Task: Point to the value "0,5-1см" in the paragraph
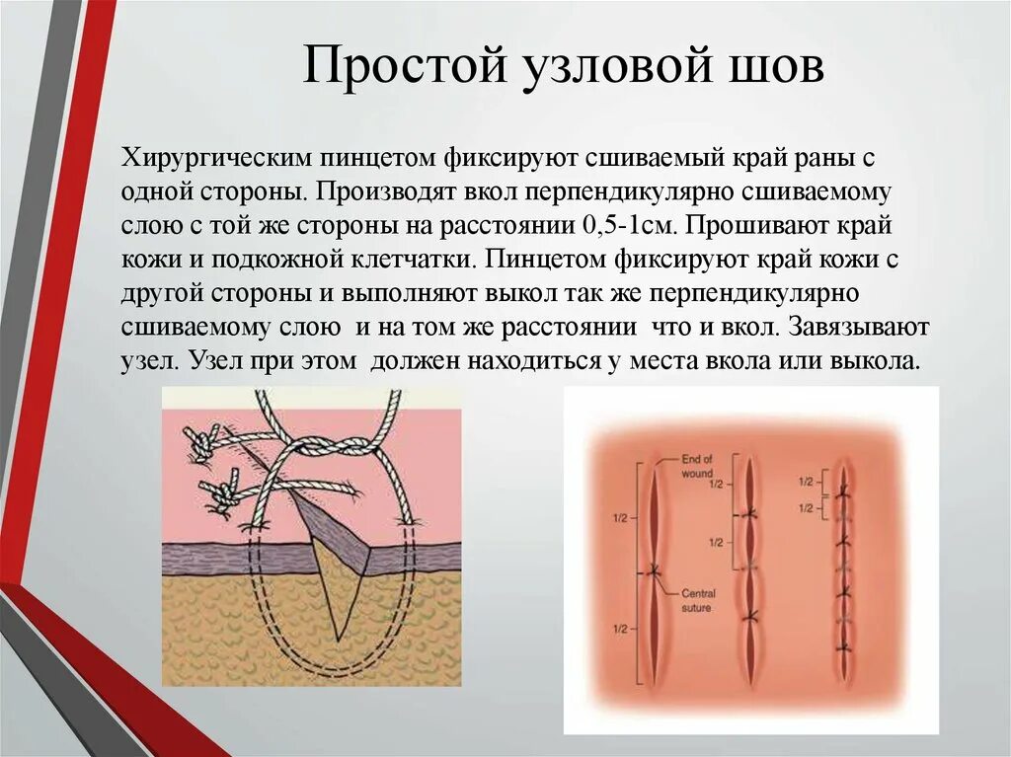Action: tap(630, 225)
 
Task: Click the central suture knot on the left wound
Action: tap(654, 571)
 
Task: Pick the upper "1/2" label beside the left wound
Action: tap(618, 518)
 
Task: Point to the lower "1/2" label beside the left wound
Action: tap(618, 629)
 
